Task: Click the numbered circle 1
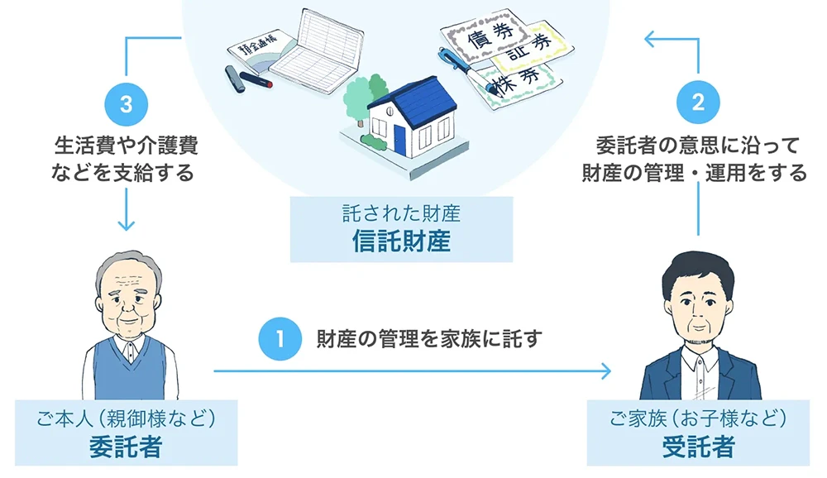click(280, 339)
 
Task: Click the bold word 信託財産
click(401, 242)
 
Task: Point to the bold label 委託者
click(126, 447)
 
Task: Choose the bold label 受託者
click(698, 447)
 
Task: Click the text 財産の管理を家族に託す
click(428, 339)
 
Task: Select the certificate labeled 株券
click(514, 82)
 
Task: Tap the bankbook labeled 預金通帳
click(258, 50)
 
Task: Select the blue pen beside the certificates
click(459, 64)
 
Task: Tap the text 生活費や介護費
click(126, 147)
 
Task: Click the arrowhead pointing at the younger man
click(607, 370)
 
